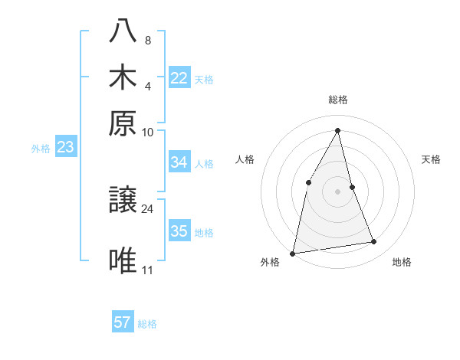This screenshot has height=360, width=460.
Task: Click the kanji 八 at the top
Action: (x=123, y=31)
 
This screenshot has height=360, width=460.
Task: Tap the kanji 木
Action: (x=123, y=77)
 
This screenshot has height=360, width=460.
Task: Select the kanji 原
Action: (x=123, y=123)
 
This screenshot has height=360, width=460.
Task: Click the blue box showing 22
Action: (x=179, y=78)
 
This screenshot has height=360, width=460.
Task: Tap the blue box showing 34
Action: (x=179, y=162)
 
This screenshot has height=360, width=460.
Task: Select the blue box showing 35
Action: (x=179, y=231)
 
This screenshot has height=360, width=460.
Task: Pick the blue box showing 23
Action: (x=65, y=148)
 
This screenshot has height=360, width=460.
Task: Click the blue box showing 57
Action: (x=123, y=322)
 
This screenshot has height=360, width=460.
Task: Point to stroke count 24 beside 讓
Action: (x=148, y=208)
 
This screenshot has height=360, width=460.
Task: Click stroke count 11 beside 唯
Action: (x=148, y=270)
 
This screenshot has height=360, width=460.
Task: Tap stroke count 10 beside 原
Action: (x=148, y=132)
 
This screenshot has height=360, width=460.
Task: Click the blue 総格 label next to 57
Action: (x=147, y=324)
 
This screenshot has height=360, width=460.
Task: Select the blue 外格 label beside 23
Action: (x=41, y=149)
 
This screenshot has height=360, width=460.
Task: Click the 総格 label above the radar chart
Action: (x=337, y=100)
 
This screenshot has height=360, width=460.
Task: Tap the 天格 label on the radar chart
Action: (x=431, y=159)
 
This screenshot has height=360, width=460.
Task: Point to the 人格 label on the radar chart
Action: (x=245, y=159)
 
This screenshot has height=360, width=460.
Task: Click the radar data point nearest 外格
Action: (x=293, y=253)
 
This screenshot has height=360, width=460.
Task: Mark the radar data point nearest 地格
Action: (x=374, y=242)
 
